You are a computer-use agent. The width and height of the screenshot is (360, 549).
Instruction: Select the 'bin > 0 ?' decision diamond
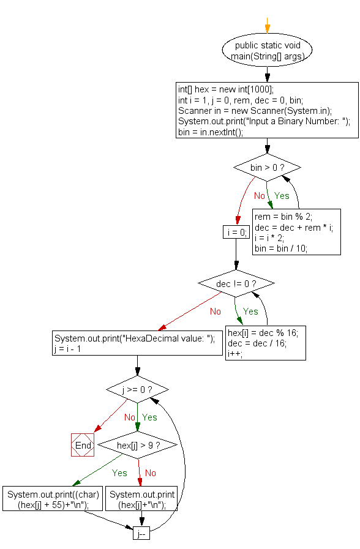[x=267, y=167]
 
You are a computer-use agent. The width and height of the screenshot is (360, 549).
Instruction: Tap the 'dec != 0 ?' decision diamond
[x=236, y=283]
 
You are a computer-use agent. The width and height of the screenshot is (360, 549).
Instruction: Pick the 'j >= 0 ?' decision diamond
[x=137, y=389]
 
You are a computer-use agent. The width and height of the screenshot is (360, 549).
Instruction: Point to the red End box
[x=83, y=445]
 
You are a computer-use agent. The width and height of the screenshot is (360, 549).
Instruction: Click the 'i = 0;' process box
[x=235, y=232]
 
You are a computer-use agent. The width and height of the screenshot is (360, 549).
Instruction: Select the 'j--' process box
[x=141, y=534]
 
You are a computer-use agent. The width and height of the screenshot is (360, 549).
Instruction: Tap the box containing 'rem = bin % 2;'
[x=297, y=232]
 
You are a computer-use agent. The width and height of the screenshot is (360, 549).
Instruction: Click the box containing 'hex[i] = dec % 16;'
[x=266, y=343]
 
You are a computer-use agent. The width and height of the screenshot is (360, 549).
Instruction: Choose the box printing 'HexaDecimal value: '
[x=137, y=343]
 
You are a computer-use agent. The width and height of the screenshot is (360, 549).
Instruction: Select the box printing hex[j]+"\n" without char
[x=142, y=499]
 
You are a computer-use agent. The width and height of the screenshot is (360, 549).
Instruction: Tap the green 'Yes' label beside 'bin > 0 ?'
[x=282, y=196]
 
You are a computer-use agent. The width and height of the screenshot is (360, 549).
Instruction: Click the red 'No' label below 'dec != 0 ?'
[x=215, y=312]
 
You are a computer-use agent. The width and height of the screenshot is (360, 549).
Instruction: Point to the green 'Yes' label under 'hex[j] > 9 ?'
[x=119, y=472]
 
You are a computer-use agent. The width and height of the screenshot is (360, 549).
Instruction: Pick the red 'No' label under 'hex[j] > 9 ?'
[x=150, y=472]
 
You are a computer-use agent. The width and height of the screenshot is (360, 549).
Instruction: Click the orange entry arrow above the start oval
[x=267, y=24]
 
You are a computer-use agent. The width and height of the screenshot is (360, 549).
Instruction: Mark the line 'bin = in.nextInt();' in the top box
[x=211, y=132]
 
